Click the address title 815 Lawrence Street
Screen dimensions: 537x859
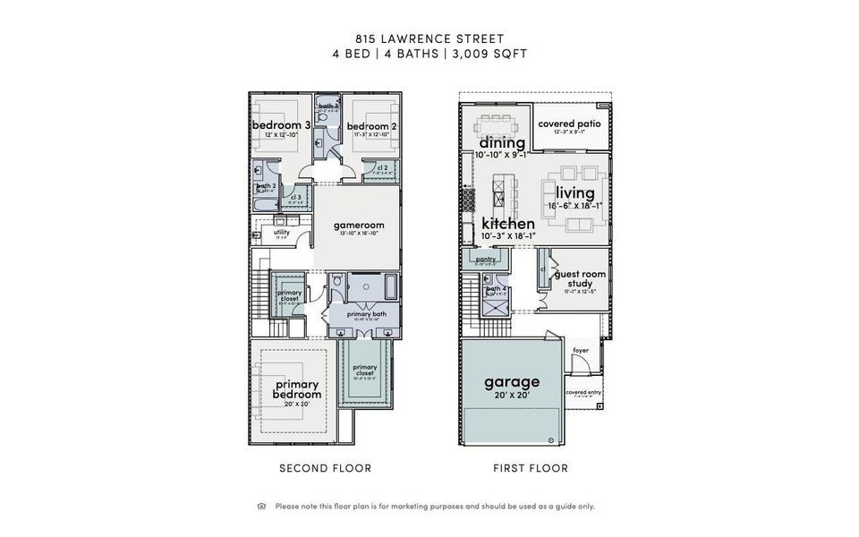pyautogui.click(x=429, y=38)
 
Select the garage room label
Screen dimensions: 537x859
pyautogui.click(x=512, y=382)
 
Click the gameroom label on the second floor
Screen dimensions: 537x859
pyautogui.click(x=358, y=226)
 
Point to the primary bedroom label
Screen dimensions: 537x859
pyautogui.click(x=296, y=389)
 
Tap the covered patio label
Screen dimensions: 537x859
pyautogui.click(x=569, y=124)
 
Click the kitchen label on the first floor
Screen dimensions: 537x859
pyautogui.click(x=508, y=224)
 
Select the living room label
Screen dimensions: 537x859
pyautogui.click(x=574, y=193)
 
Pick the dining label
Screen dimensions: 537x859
pyautogui.click(x=502, y=143)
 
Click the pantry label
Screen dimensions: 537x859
pyautogui.click(x=486, y=260)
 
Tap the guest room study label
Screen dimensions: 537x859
pyautogui.click(x=580, y=279)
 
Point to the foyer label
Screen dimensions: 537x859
pyautogui.click(x=581, y=351)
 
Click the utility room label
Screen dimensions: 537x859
pyautogui.click(x=282, y=233)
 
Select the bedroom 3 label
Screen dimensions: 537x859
pyautogui.click(x=281, y=125)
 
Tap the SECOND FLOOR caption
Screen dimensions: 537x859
pyautogui.click(x=325, y=468)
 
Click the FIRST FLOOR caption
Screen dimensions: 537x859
pyautogui.click(x=531, y=468)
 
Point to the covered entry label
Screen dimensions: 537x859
pyautogui.click(x=583, y=392)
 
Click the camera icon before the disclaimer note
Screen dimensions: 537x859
pyautogui.click(x=261, y=506)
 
